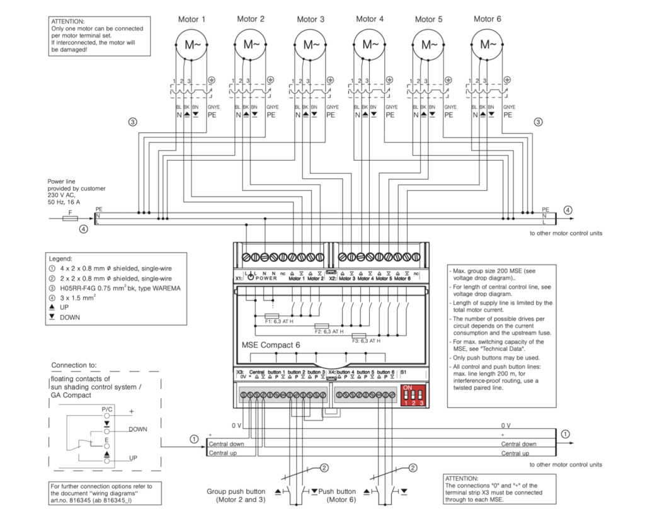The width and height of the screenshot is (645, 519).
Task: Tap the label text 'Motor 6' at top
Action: pos(488,19)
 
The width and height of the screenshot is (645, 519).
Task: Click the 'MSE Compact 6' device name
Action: pos(271,345)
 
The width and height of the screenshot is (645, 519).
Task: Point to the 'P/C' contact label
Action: pos(108,409)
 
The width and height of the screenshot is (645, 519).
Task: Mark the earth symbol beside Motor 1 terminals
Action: pos(212,80)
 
